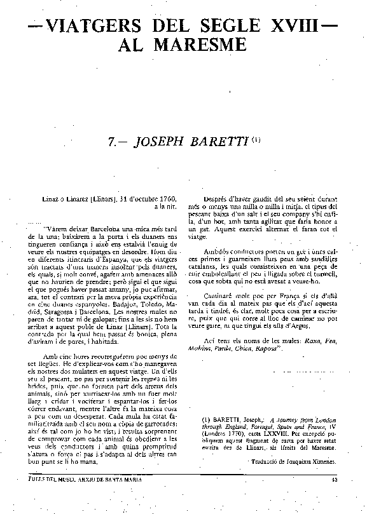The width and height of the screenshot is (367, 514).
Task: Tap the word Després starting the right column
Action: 218,200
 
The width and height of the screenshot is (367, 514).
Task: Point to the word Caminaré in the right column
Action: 220,297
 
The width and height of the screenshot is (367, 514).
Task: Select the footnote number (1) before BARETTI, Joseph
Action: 205,421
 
